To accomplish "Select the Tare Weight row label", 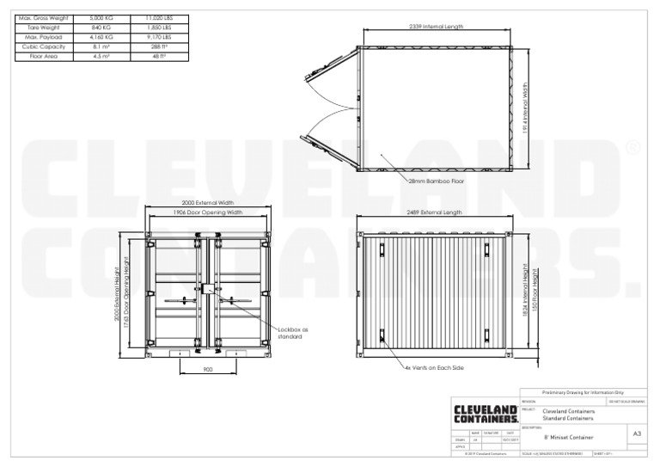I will pyautogui.click(x=41, y=28).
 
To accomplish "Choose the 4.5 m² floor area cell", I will pyautogui.click(x=102, y=56).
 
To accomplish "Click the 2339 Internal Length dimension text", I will pyautogui.click(x=436, y=28).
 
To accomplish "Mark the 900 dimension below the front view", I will pyautogui.click(x=207, y=368).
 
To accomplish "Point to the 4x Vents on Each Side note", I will pyautogui.click(x=434, y=368).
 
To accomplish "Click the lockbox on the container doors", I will pyautogui.click(x=207, y=291).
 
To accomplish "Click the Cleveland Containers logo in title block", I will pyautogui.click(x=486, y=414).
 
